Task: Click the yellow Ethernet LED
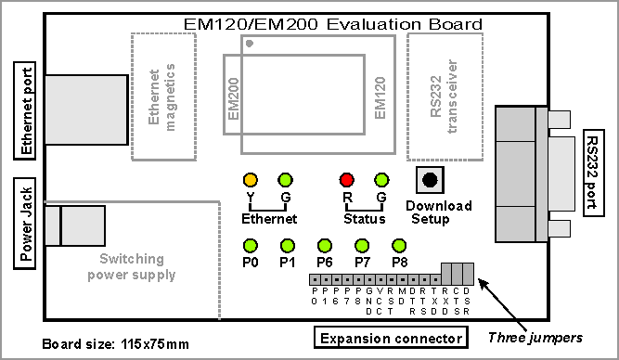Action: click(251, 180)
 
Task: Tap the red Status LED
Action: click(346, 180)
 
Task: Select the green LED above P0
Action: click(251, 246)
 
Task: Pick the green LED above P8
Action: click(399, 246)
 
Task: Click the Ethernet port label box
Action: click(25, 110)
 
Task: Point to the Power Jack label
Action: click(25, 224)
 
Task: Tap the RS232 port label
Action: click(594, 173)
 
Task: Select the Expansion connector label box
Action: click(391, 338)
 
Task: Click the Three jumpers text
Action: click(535, 338)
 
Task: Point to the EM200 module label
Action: click(234, 98)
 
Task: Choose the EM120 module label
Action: click(380, 98)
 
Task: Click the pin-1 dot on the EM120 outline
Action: click(249, 44)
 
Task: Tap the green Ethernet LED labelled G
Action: click(286, 180)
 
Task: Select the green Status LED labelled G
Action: click(381, 180)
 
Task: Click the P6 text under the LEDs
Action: click(325, 262)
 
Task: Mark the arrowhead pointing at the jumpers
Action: click(484, 283)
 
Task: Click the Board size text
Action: click(115, 344)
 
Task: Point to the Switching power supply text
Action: click(132, 267)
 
